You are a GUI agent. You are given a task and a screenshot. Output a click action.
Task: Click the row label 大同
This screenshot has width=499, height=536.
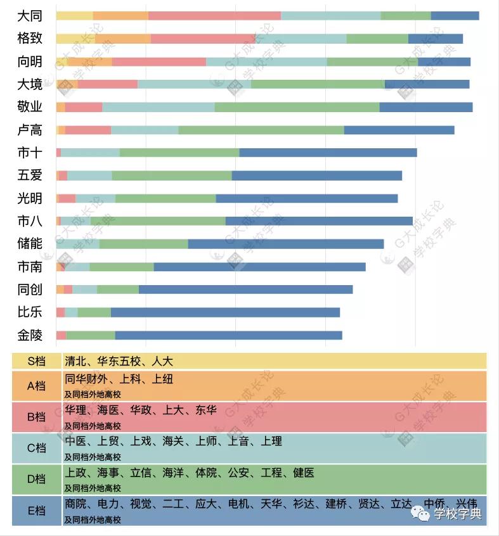pyautogui.click(x=30, y=16)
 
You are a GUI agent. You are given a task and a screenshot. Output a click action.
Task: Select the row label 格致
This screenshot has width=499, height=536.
pyautogui.click(x=30, y=39)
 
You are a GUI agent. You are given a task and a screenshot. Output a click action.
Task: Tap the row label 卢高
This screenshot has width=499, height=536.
pyautogui.click(x=30, y=130)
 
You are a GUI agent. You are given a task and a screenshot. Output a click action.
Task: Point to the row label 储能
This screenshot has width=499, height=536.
pyautogui.click(x=30, y=244)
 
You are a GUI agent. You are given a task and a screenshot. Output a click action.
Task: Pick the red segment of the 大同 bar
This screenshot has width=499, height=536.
pyautogui.click(x=214, y=16)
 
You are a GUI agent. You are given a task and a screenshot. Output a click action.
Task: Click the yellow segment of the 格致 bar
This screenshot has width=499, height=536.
pyautogui.click(x=75, y=39)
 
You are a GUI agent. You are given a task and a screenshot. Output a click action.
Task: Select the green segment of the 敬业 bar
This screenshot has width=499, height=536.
pyautogui.click(x=297, y=107)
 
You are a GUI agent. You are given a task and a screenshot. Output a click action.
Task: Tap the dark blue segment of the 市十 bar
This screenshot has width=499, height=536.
pyautogui.click(x=328, y=153)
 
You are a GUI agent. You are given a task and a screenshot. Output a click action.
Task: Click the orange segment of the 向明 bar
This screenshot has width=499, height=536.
pyautogui.click(x=89, y=61)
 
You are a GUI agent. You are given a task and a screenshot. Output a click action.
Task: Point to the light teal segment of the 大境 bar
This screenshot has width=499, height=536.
pyautogui.click(x=194, y=84)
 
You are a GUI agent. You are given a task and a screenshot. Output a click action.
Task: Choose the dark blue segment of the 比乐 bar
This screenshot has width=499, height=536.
pyautogui.click(x=225, y=312)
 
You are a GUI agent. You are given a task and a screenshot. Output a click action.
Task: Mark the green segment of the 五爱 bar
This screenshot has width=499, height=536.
pyautogui.click(x=172, y=175)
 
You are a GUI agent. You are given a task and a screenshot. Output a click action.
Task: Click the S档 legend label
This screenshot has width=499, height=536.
pyautogui.click(x=36, y=362)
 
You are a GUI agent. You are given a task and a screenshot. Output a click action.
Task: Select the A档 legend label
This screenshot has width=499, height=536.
pyautogui.click(x=36, y=386)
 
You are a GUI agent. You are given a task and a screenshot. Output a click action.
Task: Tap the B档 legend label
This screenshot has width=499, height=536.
pyautogui.click(x=36, y=417)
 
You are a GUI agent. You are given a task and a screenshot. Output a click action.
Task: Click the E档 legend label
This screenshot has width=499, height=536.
pyautogui.click(x=36, y=511)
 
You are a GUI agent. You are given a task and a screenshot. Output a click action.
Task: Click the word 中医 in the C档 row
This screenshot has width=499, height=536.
pyautogui.click(x=76, y=442)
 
